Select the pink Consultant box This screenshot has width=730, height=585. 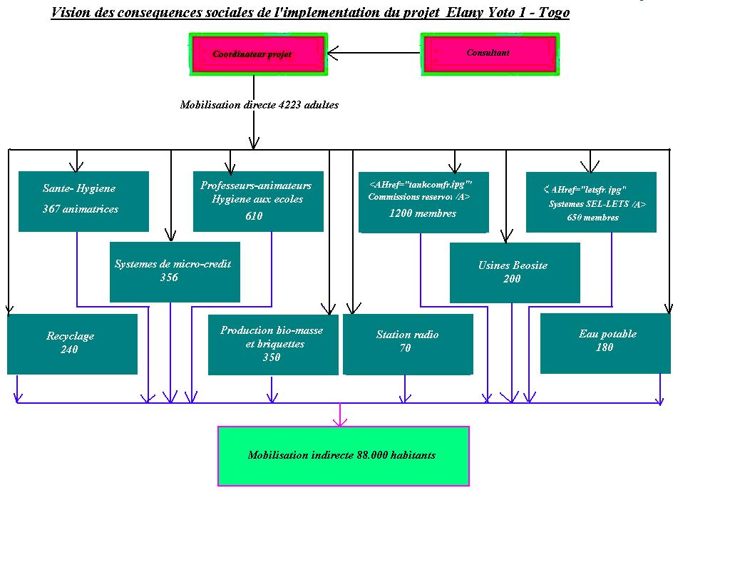pyautogui.click(x=489, y=54)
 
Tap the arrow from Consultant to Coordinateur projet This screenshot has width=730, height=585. pyautogui.click(x=374, y=53)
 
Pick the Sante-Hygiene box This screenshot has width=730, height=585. pyautogui.click(x=83, y=201)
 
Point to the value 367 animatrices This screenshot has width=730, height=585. pyautogui.click(x=81, y=209)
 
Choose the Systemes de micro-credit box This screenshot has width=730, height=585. pyautogui.click(x=175, y=272)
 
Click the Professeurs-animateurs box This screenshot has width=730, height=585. pyautogui.click(x=258, y=201)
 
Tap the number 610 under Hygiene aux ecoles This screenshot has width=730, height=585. pyautogui.click(x=254, y=216)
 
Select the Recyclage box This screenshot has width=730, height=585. pyautogui.click(x=72, y=344)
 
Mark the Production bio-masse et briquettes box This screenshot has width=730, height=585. pyautogui.click(x=273, y=345)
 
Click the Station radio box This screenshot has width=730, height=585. pyautogui.click(x=408, y=344)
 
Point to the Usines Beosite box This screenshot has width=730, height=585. pyautogui.click(x=515, y=273)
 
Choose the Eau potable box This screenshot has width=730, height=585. pyautogui.click(x=605, y=343)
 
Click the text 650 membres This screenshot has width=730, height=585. pyautogui.click(x=593, y=218)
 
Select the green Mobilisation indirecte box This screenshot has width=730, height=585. pyautogui.click(x=343, y=456)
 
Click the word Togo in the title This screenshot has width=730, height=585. pyautogui.click(x=554, y=13)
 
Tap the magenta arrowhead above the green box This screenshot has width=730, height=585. pyautogui.click(x=340, y=422)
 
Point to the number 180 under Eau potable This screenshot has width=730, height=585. pyautogui.click(x=605, y=347)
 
